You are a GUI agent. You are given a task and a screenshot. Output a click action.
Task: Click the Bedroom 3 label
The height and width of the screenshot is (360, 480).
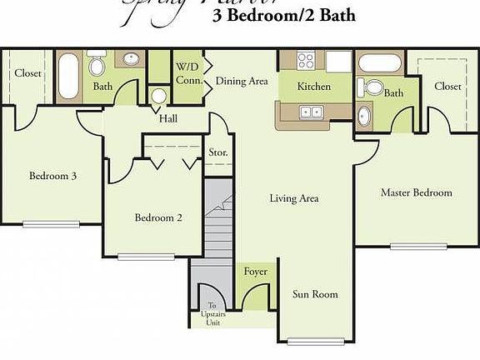[x=53, y=176]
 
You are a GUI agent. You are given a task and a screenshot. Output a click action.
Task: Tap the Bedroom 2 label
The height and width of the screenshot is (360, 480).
[x=158, y=217]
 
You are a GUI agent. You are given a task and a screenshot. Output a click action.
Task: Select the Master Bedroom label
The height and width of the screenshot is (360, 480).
[x=416, y=192]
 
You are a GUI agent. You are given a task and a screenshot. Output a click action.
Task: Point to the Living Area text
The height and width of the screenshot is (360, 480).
[x=294, y=198]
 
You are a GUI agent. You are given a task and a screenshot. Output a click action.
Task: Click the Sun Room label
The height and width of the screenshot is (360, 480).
[x=315, y=294]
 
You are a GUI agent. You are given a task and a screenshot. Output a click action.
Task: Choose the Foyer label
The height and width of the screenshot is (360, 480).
[x=255, y=272]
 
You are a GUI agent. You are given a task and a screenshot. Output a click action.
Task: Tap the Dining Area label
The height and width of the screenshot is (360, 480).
[x=242, y=81]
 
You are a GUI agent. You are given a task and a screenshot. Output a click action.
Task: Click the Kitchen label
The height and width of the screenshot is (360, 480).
[x=314, y=87]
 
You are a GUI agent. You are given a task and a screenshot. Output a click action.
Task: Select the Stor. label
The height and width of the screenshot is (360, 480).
[x=218, y=153]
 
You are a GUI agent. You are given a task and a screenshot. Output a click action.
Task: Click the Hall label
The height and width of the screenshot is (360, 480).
[x=167, y=117]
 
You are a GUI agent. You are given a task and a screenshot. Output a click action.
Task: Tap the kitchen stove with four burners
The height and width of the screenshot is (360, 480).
[x=305, y=60]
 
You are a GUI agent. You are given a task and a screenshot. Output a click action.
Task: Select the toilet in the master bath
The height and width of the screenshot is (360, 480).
[x=373, y=86]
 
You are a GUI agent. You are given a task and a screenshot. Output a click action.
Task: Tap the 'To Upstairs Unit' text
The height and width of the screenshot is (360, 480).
[x=211, y=314]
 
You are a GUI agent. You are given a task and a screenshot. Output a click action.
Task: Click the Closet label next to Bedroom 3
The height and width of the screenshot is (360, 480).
[x=27, y=73]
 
